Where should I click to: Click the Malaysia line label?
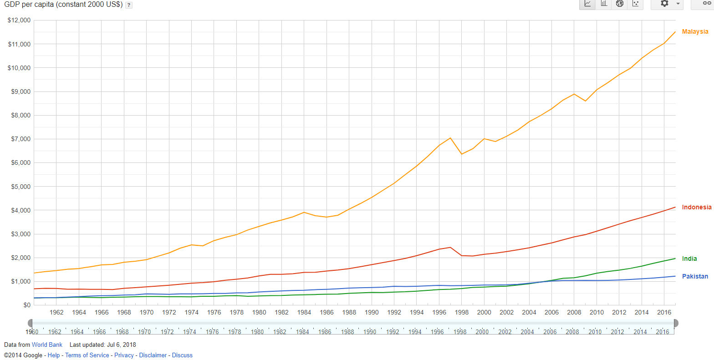(x=695, y=31)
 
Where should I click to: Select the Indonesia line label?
(x=696, y=207)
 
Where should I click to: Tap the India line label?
(x=689, y=259)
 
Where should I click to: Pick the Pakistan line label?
(x=695, y=276)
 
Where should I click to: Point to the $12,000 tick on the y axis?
(x=19, y=20)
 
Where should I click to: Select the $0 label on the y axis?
(x=26, y=305)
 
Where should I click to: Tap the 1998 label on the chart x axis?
(x=461, y=312)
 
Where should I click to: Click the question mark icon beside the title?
(x=129, y=5)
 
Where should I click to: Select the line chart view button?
(x=587, y=4)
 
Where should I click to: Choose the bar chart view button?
(x=604, y=4)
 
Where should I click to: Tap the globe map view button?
(x=619, y=4)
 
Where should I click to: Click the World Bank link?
(x=47, y=345)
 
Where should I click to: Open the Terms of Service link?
(x=87, y=355)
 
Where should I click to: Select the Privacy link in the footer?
(x=124, y=355)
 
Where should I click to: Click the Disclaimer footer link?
(x=153, y=355)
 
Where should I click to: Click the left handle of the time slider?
(x=31, y=323)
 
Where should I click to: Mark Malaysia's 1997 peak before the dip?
(x=450, y=138)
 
